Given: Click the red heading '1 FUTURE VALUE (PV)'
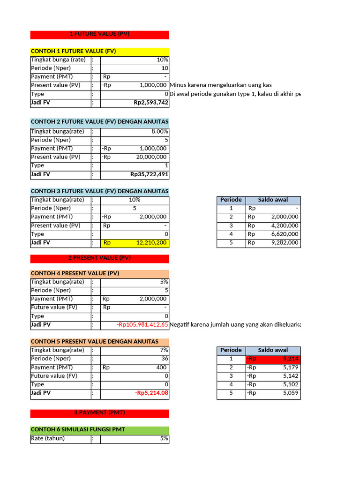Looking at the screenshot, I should pyautogui.click(x=99, y=34).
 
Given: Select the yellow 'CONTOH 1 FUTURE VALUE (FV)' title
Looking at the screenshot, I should pyautogui.click(x=74, y=51).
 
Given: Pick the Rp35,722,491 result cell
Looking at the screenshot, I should pyautogui.click(x=149, y=174).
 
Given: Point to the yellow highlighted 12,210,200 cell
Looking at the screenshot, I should pyautogui.click(x=148, y=243).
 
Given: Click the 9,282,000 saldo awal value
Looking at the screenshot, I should pyautogui.click(x=285, y=243).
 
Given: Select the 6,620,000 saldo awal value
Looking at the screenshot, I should pyautogui.click(x=285, y=234).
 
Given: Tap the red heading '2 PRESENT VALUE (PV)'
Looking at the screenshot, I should pyautogui.click(x=99, y=258).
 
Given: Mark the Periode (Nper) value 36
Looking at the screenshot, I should pyautogui.click(x=165, y=359).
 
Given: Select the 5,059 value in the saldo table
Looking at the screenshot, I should pyautogui.click(x=291, y=393).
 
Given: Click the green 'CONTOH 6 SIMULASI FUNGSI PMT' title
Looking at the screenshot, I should pyautogui.click(x=78, y=429).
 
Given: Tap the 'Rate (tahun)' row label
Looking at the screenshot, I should pyautogui.click(x=48, y=438).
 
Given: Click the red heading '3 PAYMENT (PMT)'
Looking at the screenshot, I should pyautogui.click(x=99, y=412).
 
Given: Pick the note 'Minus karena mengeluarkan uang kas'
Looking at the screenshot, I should pyautogui.click(x=221, y=85).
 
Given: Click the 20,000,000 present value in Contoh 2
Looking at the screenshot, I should pyautogui.click(x=151, y=157).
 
